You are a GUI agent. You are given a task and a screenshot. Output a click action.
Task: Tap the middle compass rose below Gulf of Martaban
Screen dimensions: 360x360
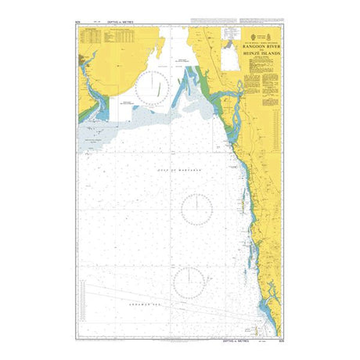pyautogui.click(x=196, y=211)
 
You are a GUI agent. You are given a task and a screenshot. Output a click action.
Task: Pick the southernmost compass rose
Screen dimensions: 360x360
pyautogui.click(x=192, y=280)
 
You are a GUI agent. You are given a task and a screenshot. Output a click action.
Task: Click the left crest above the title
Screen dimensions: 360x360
pyautogui.click(x=251, y=36)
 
